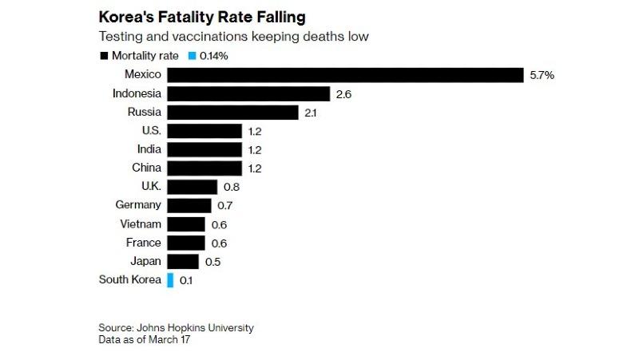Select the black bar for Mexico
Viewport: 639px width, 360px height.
(x=345, y=75)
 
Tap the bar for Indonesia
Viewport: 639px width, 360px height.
(x=248, y=93)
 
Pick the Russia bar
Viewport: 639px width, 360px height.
(x=232, y=113)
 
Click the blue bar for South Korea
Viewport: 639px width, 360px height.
(x=170, y=280)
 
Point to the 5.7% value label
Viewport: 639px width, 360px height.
(x=542, y=75)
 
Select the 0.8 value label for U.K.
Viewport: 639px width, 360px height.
(x=232, y=187)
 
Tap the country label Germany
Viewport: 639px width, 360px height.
(x=138, y=205)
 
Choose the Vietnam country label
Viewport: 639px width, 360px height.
(x=141, y=224)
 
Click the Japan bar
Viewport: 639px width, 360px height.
(x=183, y=262)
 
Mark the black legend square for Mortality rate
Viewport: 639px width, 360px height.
(x=104, y=56)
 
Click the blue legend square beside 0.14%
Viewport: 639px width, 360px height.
(x=192, y=56)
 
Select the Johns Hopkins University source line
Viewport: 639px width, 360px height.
(x=177, y=328)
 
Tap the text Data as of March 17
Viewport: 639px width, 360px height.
(x=146, y=340)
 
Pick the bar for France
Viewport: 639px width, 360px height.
(x=186, y=243)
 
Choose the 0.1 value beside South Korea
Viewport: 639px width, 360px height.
(x=185, y=281)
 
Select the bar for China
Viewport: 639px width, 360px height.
(x=204, y=168)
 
